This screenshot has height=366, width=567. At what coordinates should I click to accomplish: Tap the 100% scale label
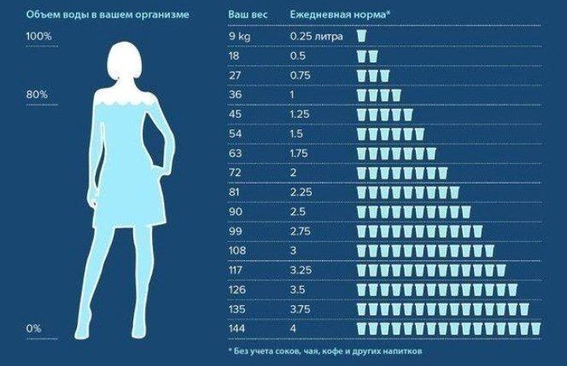(39, 37)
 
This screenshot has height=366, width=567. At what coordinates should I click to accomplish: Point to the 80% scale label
(38, 93)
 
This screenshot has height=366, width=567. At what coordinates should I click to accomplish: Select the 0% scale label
(34, 328)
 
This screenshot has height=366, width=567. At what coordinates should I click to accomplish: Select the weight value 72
(235, 172)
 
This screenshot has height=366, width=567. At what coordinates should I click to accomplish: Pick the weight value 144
(237, 328)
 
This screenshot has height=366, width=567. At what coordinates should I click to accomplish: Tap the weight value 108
(237, 250)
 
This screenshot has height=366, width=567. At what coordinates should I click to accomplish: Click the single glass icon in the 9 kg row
(361, 37)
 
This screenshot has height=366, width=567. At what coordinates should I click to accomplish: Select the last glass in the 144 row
(535, 328)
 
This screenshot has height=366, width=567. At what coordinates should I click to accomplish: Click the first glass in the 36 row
(361, 95)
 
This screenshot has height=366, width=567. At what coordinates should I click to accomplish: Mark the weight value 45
(235, 114)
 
